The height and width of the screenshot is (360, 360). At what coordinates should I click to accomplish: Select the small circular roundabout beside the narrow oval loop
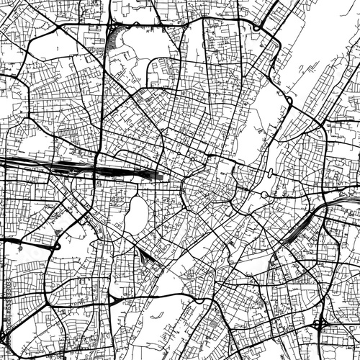pyautogui.click(x=264, y=195)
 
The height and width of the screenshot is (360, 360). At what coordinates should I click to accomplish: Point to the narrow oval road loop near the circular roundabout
pyautogui.click(x=269, y=174)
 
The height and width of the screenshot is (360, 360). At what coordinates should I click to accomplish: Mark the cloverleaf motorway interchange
pyautogui.click(x=319, y=325)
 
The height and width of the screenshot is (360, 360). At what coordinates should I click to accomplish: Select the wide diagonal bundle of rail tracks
pyautogui.click(x=295, y=227)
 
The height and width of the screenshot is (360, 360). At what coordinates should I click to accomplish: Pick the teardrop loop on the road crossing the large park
pyautogui.click(x=289, y=99)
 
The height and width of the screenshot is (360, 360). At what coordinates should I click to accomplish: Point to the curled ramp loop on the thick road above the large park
pyautogui.click(x=256, y=27)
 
